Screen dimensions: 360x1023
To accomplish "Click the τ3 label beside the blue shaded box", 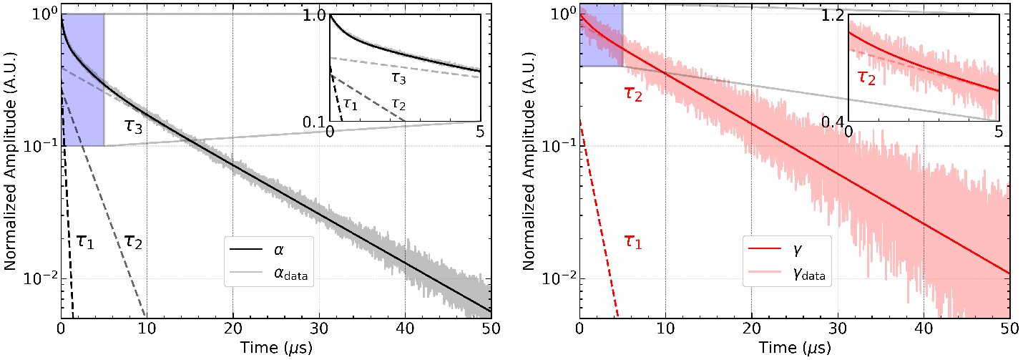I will pyautogui.click(x=135, y=129).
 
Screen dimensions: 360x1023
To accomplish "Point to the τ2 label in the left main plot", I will pyautogui.click(x=133, y=241).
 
